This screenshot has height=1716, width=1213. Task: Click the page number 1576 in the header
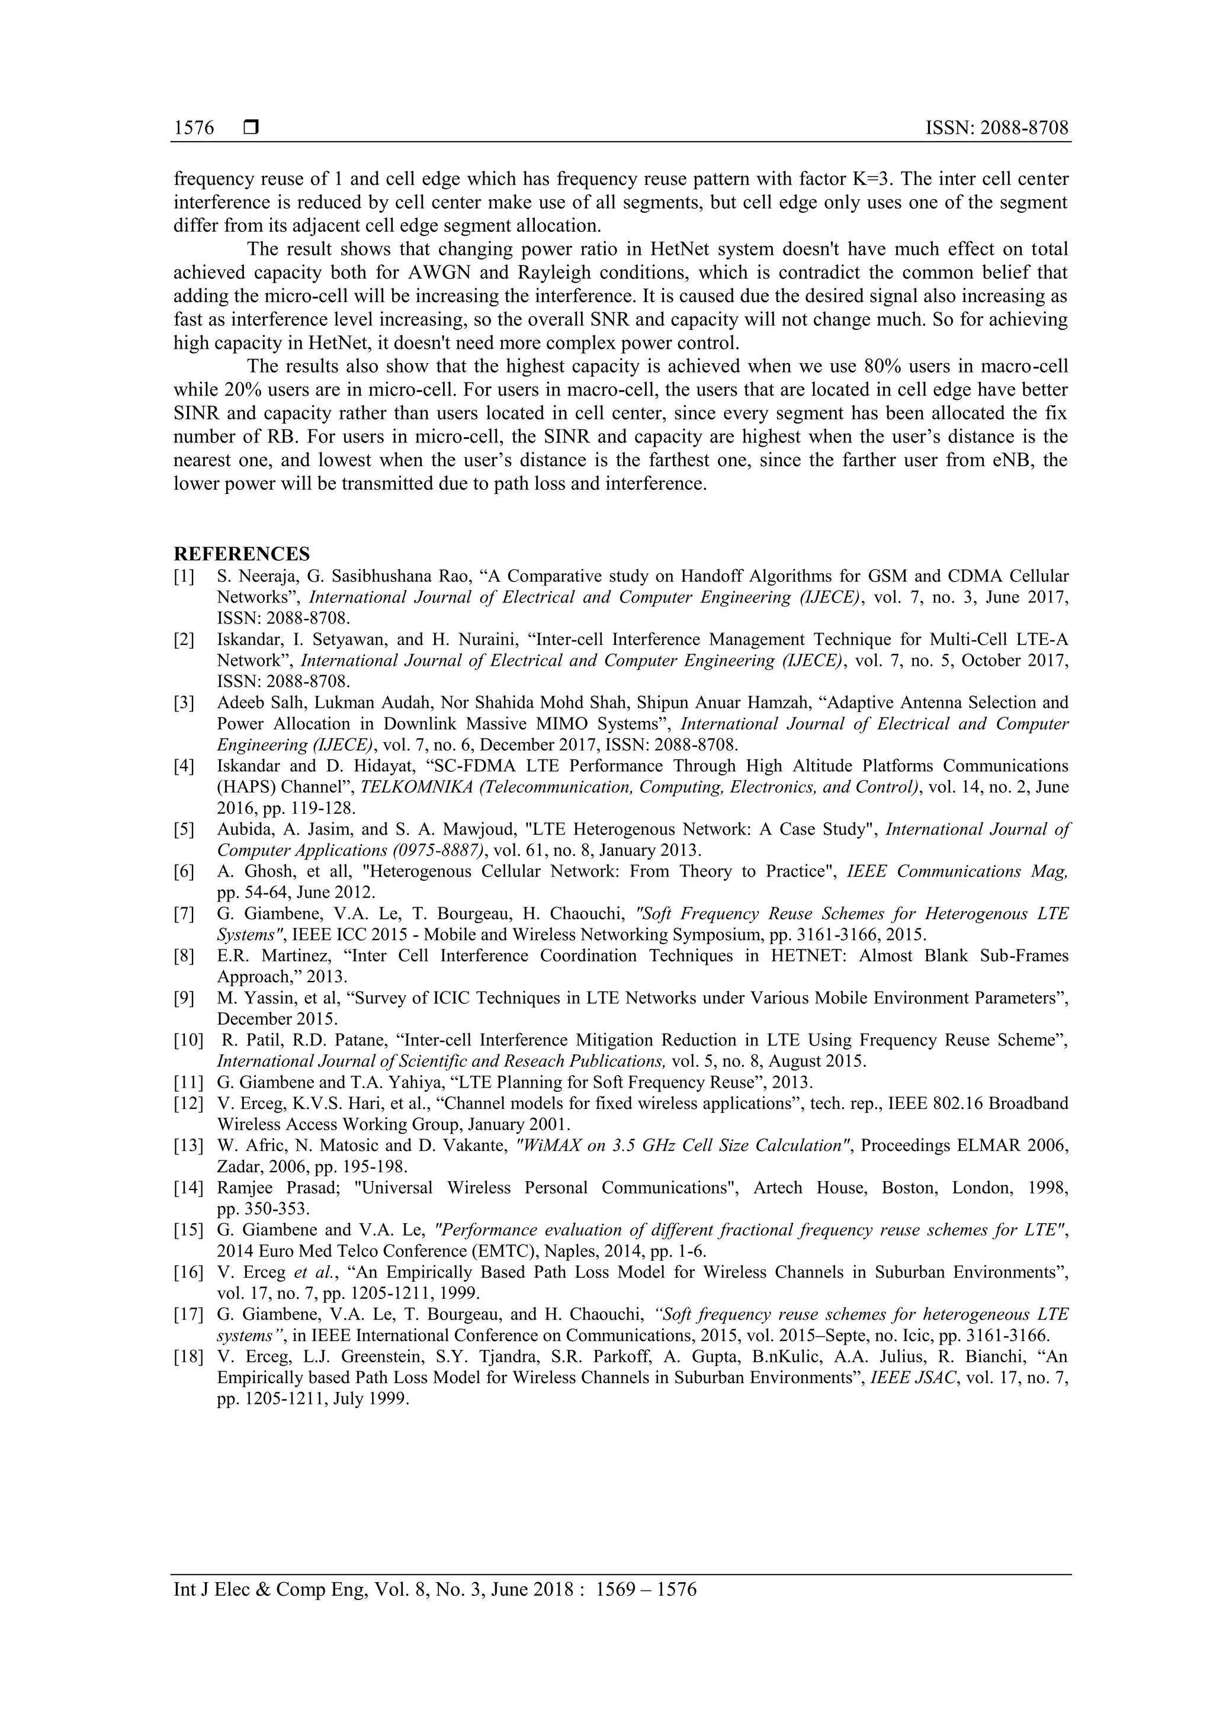click(194, 129)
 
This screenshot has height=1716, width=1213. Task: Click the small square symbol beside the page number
click(251, 128)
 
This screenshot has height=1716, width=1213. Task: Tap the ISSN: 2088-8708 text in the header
click(997, 129)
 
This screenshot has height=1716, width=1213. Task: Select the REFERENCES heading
click(242, 554)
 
